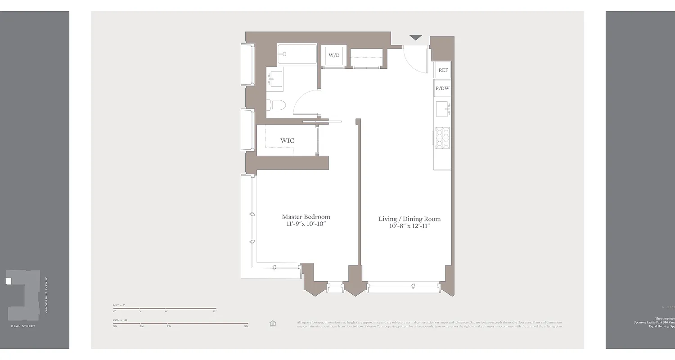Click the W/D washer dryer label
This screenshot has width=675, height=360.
click(x=333, y=55)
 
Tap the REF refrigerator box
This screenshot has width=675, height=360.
click(x=443, y=70)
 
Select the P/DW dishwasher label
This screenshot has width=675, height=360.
click(x=442, y=88)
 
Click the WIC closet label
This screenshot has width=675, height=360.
click(x=287, y=140)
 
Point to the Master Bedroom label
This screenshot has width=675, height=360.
click(x=306, y=216)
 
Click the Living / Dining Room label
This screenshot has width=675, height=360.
click(x=409, y=219)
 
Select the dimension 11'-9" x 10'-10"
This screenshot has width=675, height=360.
click(x=306, y=224)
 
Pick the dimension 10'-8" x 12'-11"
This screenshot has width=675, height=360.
click(x=409, y=226)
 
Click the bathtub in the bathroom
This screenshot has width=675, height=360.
click(x=297, y=54)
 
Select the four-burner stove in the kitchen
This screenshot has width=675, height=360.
click(x=442, y=138)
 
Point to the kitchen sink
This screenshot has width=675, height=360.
click(x=442, y=109)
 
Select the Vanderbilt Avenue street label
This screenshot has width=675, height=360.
click(x=46, y=295)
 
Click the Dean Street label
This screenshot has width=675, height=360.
click(x=23, y=326)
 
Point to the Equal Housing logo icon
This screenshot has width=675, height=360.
click(x=272, y=323)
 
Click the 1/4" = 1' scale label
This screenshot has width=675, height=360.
click(x=119, y=305)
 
